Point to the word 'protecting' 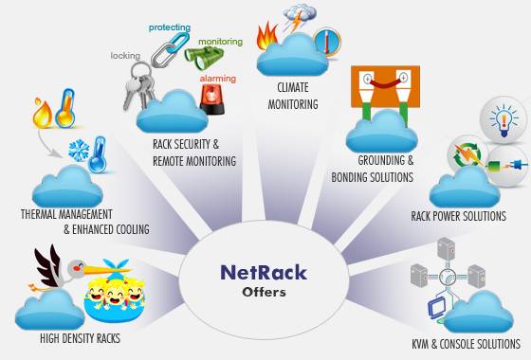click(x=171, y=27)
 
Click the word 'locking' click(x=125, y=57)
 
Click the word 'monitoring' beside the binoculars click(x=220, y=42)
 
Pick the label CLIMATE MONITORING click(x=298, y=96)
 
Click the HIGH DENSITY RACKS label click(x=80, y=338)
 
